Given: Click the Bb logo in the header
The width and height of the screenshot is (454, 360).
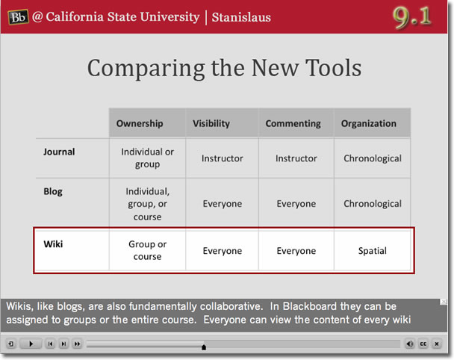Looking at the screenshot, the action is click(x=18, y=17).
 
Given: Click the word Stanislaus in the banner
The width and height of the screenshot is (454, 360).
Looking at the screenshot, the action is click(x=241, y=17).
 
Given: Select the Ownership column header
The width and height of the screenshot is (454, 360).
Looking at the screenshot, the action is click(x=140, y=123).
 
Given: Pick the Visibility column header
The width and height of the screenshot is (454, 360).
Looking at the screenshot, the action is click(x=211, y=123).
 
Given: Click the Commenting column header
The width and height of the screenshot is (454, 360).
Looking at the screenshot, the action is click(x=293, y=123).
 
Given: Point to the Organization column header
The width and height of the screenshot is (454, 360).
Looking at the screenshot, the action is click(x=369, y=123).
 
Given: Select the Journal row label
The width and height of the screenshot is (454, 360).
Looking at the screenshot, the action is click(x=59, y=152).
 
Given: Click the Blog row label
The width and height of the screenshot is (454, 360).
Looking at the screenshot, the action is click(x=53, y=192).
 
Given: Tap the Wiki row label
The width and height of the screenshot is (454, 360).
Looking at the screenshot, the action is click(x=53, y=244).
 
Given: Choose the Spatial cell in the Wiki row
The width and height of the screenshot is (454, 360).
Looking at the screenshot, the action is click(x=373, y=251).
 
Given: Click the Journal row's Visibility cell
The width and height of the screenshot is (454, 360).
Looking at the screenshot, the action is click(x=222, y=158).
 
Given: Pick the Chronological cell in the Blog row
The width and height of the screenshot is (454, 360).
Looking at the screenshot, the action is click(x=373, y=204).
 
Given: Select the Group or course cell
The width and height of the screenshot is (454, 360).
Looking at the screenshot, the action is click(x=147, y=250).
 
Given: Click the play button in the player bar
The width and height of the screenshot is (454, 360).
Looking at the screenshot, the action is click(x=31, y=344).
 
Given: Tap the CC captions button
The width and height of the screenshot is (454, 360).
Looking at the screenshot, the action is click(x=423, y=344).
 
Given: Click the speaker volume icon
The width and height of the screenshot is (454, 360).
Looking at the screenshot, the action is click(x=410, y=344).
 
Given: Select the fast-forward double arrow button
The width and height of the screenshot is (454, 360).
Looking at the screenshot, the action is click(x=77, y=344).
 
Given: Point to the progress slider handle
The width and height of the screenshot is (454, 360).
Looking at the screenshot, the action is click(x=204, y=347).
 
